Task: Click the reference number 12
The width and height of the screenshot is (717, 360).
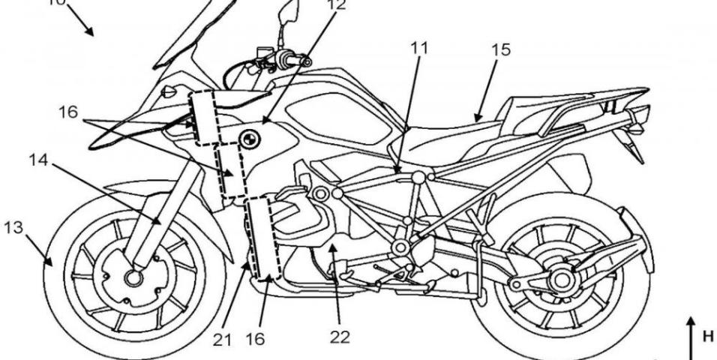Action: click(337, 6)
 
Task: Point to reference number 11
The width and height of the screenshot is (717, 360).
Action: click(420, 49)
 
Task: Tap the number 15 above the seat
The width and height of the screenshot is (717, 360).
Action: click(500, 50)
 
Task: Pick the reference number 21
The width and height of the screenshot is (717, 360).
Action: click(221, 338)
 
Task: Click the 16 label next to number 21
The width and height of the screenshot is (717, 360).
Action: click(254, 338)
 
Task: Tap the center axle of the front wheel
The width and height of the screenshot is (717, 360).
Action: click(134, 278)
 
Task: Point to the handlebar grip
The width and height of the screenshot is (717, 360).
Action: click(286, 59)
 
